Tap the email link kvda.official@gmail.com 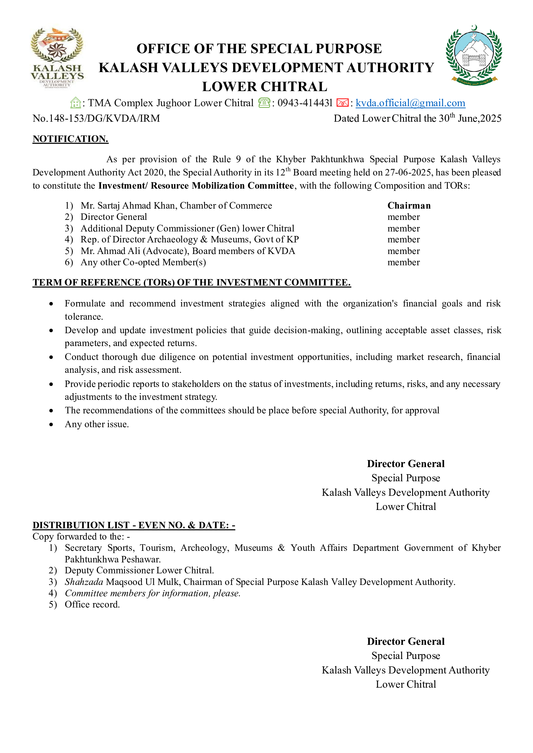tap(410, 103)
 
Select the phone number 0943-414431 tap(305, 103)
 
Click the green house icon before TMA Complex tap(75, 103)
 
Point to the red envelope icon tap(342, 103)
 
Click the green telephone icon tap(264, 103)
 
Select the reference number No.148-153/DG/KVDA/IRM tap(96, 118)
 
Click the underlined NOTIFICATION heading tap(70, 139)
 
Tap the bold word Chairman tap(409, 206)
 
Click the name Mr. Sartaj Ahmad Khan tap(129, 206)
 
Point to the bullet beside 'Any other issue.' tap(51, 425)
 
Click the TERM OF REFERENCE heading tap(192, 283)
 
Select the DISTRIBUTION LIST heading tap(134, 525)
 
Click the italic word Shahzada tap(84, 582)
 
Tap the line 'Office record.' tap(92, 605)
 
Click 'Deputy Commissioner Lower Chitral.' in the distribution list tap(139, 571)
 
